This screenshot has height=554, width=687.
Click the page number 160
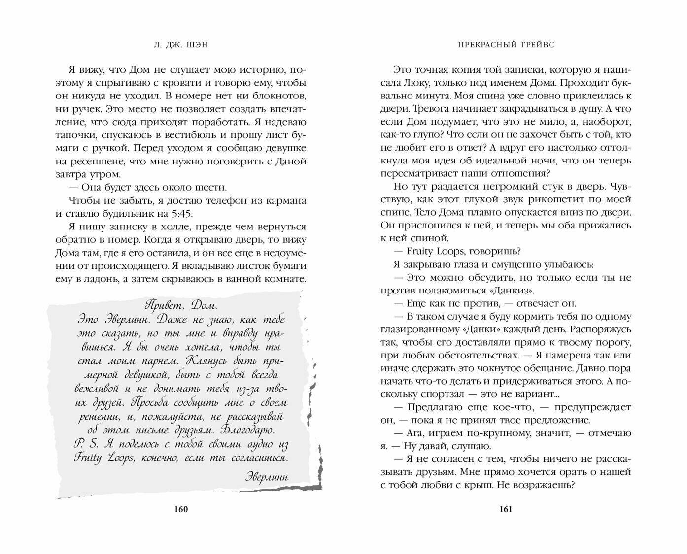(x=181, y=509)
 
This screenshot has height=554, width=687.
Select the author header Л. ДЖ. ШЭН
(x=181, y=44)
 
